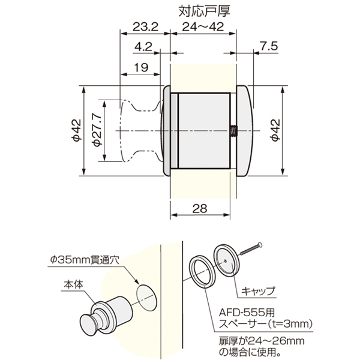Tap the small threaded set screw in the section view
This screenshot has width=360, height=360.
(x=232, y=131)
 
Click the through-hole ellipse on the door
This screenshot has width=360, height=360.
(x=146, y=296)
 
